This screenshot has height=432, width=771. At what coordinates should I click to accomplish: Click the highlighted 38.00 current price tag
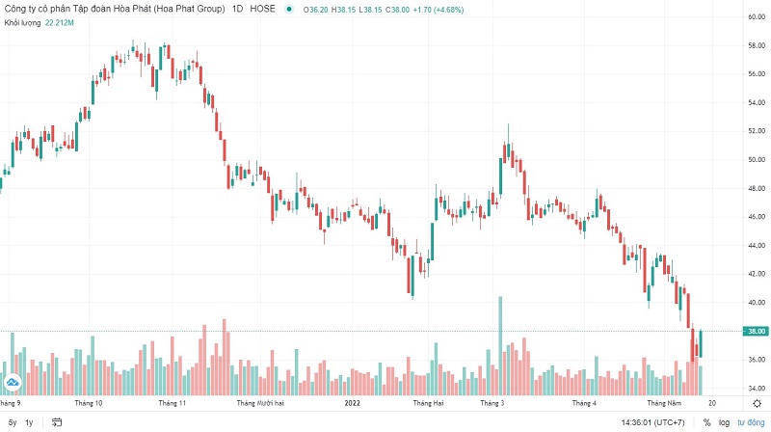click(x=755, y=331)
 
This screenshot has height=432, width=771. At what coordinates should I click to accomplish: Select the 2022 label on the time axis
click(x=352, y=402)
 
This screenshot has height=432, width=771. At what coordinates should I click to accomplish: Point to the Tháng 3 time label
click(x=492, y=402)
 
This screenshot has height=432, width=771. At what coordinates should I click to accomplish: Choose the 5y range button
click(x=12, y=422)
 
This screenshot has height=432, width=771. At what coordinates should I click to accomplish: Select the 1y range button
click(x=29, y=422)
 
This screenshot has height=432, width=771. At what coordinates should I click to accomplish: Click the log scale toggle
click(x=723, y=422)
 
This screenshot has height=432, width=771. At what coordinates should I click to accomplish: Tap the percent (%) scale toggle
click(x=705, y=422)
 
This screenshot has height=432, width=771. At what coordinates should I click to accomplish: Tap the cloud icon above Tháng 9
click(x=13, y=385)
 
